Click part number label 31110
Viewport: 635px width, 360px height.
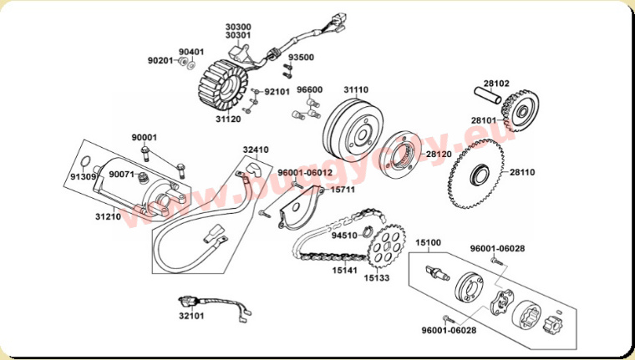355,89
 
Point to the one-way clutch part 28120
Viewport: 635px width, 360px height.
406,152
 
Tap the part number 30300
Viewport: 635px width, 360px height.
238,27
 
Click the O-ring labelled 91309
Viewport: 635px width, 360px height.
85,162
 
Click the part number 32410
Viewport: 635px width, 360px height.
256,150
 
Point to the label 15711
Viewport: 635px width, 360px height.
343,190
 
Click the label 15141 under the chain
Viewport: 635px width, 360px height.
344,271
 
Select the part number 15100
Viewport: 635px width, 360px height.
428,242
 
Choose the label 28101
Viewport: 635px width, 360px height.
483,120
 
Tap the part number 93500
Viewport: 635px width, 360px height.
301,58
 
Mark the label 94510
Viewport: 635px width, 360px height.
343,236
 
